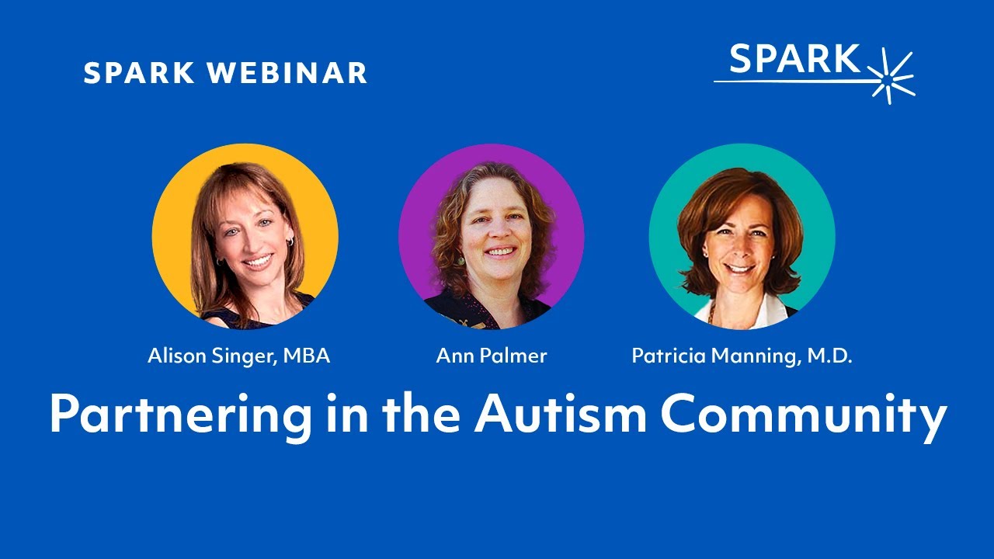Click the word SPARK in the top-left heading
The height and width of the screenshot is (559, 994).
pos(138,74)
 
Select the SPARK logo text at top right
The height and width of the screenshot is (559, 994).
pos(795,60)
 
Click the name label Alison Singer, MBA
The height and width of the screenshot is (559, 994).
pos(239,356)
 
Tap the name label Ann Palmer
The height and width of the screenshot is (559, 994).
pos(492,356)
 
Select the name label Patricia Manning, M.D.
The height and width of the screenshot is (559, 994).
pos(742,356)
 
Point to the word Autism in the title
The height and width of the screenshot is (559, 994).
pos(561,415)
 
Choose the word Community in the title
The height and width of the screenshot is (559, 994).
pos(804,416)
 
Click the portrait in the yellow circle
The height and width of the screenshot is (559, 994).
pos(245,237)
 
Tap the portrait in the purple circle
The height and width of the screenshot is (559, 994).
pos(492,237)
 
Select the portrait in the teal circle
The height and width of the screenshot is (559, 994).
pos(742,237)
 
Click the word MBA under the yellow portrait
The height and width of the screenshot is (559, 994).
pos(306,356)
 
